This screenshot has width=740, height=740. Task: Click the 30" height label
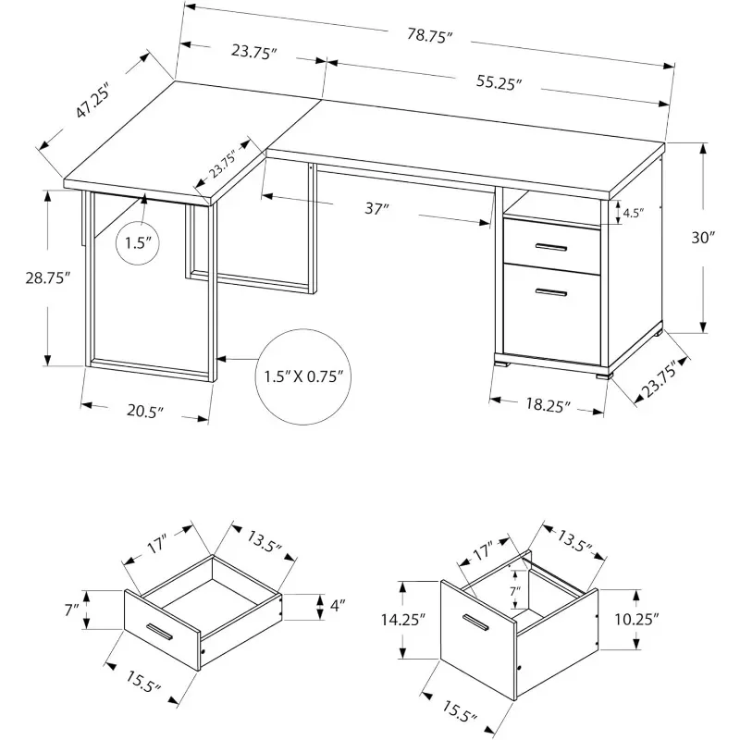point(705,238)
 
